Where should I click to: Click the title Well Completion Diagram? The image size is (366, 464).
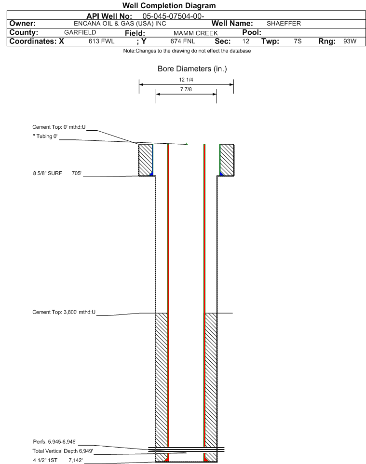pyautogui.click(x=169, y=5)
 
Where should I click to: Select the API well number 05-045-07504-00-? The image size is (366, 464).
pyautogui.click(x=174, y=16)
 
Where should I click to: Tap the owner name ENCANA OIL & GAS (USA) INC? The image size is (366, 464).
pyautogui.click(x=120, y=24)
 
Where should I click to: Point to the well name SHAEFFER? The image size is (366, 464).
pyautogui.click(x=284, y=24)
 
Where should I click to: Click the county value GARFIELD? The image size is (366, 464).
pyautogui.click(x=80, y=32)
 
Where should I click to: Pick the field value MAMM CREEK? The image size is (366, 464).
pyautogui.click(x=196, y=33)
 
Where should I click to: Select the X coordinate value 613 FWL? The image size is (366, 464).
pyautogui.click(x=101, y=41)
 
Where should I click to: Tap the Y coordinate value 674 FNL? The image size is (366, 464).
pyautogui.click(x=183, y=41)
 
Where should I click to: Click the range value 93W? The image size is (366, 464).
pyautogui.click(x=350, y=41)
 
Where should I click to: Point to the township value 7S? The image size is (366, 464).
pyautogui.click(x=298, y=41)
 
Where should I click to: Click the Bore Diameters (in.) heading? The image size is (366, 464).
pyautogui.click(x=192, y=69)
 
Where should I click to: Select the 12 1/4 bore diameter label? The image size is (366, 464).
pyautogui.click(x=186, y=80)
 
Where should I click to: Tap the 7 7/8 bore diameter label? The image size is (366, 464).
pyautogui.click(x=186, y=89)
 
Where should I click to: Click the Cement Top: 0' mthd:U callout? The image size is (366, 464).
pyautogui.click(x=59, y=127)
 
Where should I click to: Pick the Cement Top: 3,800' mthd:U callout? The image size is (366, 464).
pyautogui.click(x=64, y=312)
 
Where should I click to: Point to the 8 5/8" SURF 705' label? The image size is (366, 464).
pyautogui.click(x=57, y=173)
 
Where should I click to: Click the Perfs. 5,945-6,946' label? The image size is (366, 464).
pyautogui.click(x=55, y=442)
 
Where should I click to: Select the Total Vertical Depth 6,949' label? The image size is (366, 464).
pyautogui.click(x=63, y=451)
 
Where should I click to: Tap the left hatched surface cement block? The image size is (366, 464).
pyautogui.click(x=146, y=160)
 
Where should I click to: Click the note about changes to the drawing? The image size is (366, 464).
pyautogui.click(x=187, y=51)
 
